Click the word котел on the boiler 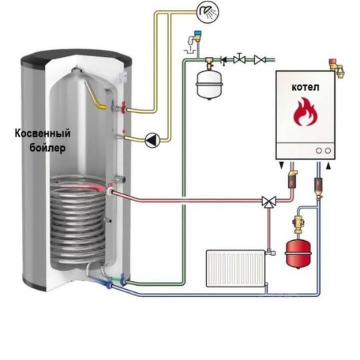(305, 88)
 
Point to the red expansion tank (296, 252)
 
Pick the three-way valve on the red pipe (266, 201)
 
